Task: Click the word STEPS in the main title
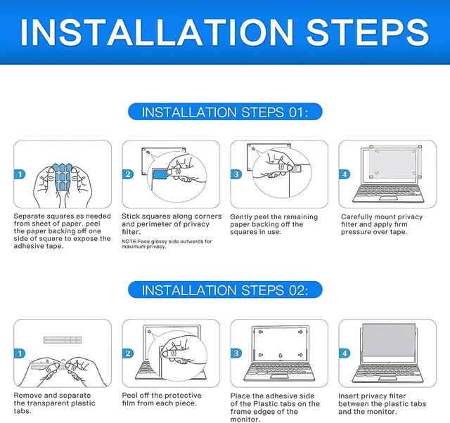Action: tap(368, 32)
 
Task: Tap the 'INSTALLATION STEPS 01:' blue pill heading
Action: tap(225, 112)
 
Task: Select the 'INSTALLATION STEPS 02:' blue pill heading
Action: tap(225, 289)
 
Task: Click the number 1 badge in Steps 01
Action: tap(20, 174)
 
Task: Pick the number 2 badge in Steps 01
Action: tap(128, 174)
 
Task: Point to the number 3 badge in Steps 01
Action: tap(236, 174)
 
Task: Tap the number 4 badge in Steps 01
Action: tap(345, 174)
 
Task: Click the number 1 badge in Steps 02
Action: tap(20, 353)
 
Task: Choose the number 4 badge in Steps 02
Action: tap(345, 353)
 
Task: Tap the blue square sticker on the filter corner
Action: tap(160, 174)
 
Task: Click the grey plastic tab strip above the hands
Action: tap(63, 340)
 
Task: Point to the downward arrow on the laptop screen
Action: tap(281, 356)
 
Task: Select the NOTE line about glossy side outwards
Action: tap(167, 244)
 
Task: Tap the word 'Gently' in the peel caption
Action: tap(241, 217)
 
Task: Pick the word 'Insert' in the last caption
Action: tap(348, 396)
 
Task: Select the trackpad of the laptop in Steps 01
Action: tap(388, 198)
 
